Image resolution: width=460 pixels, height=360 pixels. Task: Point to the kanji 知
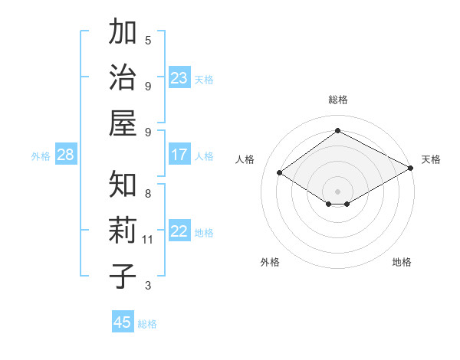point(123,185)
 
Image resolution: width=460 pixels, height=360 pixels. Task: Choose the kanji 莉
point(123,231)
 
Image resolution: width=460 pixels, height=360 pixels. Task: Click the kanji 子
point(123,276)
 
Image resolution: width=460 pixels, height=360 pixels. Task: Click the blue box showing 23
point(179,78)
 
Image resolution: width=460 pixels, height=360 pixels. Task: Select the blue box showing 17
point(179,155)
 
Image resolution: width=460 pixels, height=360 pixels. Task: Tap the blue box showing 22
point(179,232)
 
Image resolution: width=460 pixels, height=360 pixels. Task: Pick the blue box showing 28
point(66,155)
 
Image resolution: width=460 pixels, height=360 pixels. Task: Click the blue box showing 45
point(123,322)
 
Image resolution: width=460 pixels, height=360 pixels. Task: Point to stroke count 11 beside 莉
point(148,240)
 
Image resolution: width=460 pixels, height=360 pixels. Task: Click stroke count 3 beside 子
point(148,286)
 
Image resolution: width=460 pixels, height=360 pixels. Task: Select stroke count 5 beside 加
point(148,40)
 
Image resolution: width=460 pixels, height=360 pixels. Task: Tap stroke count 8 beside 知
point(148,193)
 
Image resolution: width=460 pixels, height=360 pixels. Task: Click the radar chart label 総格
point(337,100)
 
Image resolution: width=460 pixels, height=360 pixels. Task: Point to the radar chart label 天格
point(431,159)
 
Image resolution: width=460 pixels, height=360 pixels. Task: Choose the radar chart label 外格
point(270,262)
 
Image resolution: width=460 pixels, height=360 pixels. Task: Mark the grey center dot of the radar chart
point(337,190)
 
